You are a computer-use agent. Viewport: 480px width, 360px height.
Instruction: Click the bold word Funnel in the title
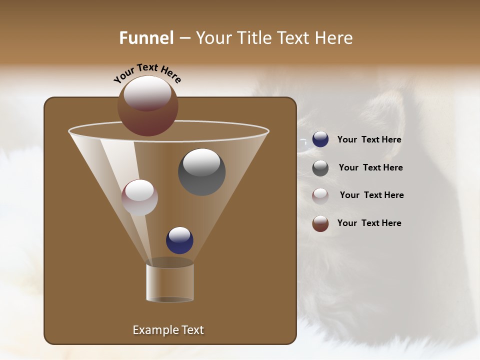(x=146, y=38)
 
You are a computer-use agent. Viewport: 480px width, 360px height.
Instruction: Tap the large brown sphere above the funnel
(x=147, y=106)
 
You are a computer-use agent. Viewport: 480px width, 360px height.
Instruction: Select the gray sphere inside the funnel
(x=201, y=172)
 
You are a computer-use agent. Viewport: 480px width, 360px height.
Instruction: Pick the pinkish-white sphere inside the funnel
(x=139, y=197)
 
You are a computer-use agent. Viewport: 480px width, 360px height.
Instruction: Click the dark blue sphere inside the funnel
(x=179, y=240)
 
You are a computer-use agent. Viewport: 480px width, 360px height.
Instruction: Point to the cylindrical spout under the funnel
(x=169, y=282)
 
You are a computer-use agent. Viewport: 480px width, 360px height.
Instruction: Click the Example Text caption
(x=168, y=330)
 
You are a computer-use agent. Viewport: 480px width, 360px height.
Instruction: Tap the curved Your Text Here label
(x=147, y=73)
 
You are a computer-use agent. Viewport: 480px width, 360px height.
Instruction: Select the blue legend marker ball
(x=320, y=139)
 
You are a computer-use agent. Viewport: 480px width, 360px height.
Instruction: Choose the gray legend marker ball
(x=320, y=168)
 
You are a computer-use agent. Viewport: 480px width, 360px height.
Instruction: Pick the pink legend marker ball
(x=320, y=195)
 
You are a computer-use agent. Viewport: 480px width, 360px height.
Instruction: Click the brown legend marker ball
(x=320, y=223)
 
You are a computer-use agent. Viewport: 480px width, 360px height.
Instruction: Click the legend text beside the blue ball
(x=369, y=140)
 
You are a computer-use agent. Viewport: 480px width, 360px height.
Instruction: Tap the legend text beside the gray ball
(x=370, y=168)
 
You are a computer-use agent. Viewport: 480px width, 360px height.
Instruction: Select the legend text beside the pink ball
(x=371, y=195)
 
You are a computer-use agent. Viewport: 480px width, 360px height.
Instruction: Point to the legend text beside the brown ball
(x=369, y=223)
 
